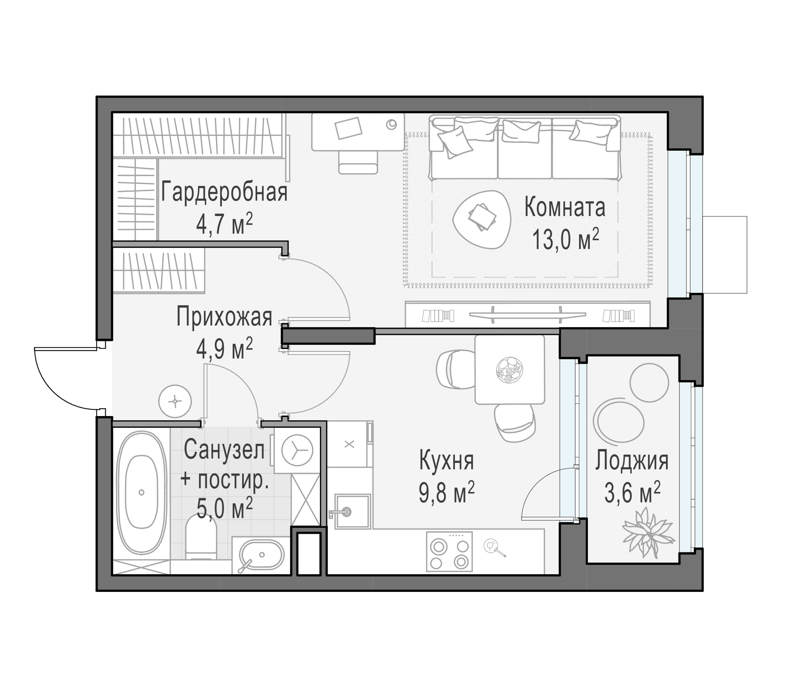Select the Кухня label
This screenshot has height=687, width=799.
pyautogui.click(x=446, y=461)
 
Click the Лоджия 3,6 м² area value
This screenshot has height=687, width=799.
pyautogui.click(x=632, y=494)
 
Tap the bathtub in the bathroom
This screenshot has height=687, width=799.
pyautogui.click(x=141, y=493)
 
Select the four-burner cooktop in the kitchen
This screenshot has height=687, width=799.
pyautogui.click(x=449, y=552)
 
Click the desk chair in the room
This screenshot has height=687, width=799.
pyautogui.click(x=358, y=162)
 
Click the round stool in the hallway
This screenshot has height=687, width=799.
pyautogui.click(x=175, y=401)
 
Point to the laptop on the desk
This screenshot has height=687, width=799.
pyautogui.click(x=348, y=128)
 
